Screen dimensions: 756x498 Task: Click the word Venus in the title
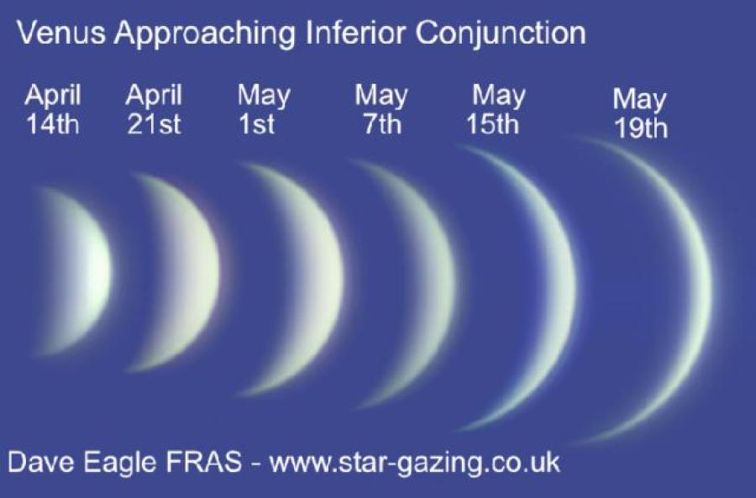pos(61,33)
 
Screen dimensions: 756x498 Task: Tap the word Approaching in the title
pos(205,34)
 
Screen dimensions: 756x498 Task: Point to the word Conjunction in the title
pos(501,34)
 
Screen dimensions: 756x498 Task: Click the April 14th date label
pos(53,110)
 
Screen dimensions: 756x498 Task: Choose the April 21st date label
pos(154,110)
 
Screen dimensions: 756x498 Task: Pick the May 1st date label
pos(263,110)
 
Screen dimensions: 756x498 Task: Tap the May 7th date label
pos(381,110)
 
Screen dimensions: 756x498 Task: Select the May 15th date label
pos(496,110)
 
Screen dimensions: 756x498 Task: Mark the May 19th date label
pos(640,113)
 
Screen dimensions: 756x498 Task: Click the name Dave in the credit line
pos(41,462)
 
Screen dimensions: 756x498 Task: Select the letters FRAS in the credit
pos(204,462)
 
